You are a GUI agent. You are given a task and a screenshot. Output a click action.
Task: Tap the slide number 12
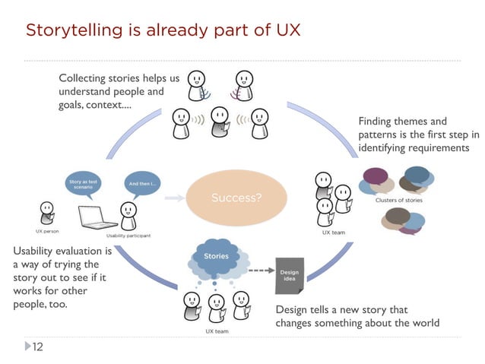tap(36, 347)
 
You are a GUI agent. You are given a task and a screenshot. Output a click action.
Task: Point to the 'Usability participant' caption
tap(128, 236)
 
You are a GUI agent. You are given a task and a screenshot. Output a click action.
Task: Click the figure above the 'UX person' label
tap(47, 212)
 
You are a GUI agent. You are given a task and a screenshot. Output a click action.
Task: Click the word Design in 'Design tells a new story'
tap(292, 309)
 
